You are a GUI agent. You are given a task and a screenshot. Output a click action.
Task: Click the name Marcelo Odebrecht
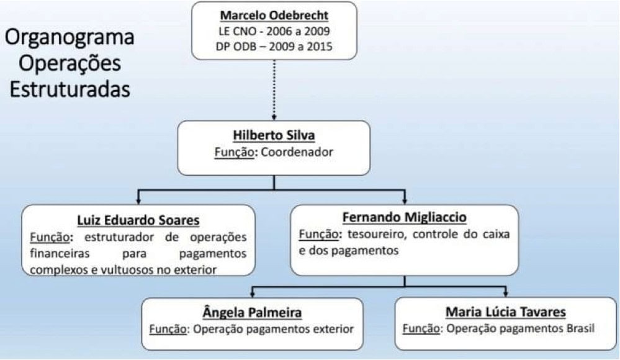(274, 15)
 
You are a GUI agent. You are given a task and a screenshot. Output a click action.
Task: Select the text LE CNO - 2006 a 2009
(274, 31)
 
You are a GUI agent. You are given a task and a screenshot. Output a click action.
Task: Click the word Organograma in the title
(70, 38)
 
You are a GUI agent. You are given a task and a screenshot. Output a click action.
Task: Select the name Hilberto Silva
(274, 135)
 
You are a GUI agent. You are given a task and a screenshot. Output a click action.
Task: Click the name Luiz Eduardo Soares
(138, 220)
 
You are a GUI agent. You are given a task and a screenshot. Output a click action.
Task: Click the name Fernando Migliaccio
(404, 217)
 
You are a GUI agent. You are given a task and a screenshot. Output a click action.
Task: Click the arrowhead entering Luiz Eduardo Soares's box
(138, 200)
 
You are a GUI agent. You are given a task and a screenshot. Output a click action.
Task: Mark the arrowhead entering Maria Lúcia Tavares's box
(505, 293)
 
